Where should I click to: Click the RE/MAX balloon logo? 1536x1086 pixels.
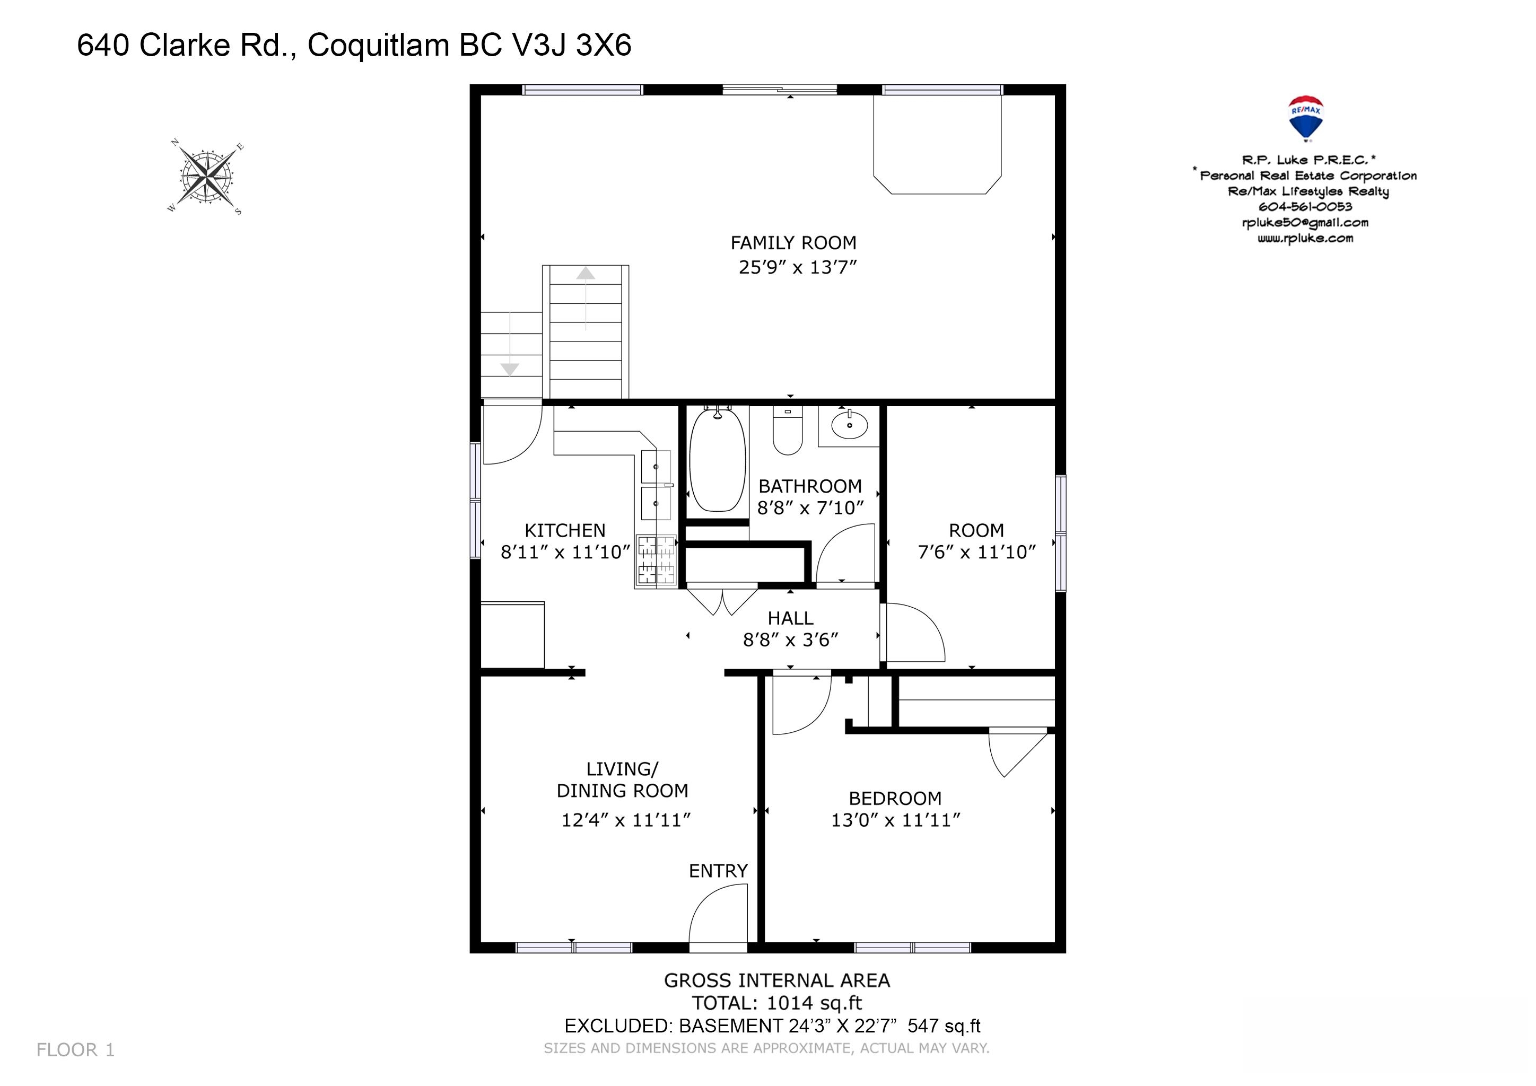click(x=1305, y=118)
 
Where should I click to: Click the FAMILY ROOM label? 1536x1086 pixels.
click(x=793, y=243)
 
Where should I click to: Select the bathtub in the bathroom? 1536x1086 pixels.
click(x=717, y=461)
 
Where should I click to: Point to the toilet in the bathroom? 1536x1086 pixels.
click(x=788, y=431)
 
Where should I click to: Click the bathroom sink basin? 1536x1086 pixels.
click(x=850, y=424)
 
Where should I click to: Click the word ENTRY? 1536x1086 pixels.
click(x=718, y=871)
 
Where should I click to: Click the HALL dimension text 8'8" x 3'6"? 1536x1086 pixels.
click(x=791, y=640)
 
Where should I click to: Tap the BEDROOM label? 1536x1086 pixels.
click(x=895, y=799)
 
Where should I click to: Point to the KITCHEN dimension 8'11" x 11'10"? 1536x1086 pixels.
click(x=565, y=551)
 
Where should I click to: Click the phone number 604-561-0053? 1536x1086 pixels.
click(x=1305, y=207)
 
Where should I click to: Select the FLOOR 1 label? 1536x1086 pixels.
click(x=76, y=1050)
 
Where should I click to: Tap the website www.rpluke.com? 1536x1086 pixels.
click(x=1305, y=238)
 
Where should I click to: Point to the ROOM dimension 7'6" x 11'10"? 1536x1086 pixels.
click(x=977, y=551)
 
